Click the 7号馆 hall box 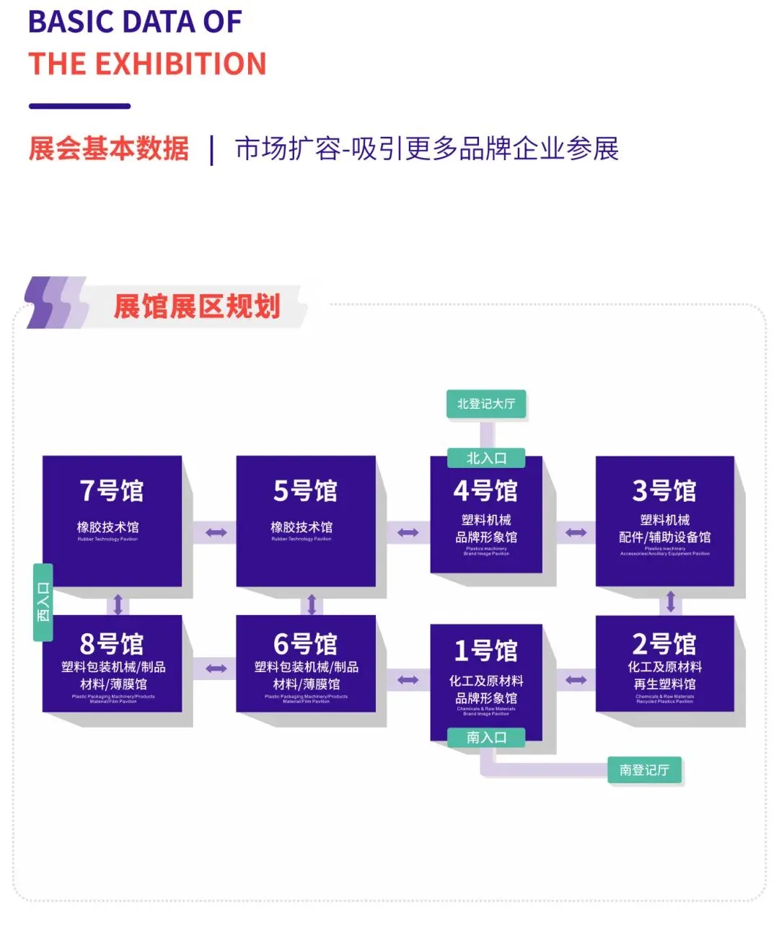pos(112,520)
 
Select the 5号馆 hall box pos(306,520)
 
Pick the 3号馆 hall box pos(664,520)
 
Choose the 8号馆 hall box pos(112,663)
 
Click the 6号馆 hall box pos(306,663)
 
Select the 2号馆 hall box pos(664,663)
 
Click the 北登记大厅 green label pos(486,404)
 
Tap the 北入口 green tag pos(486,458)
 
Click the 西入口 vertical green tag pos(43,602)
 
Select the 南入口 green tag pos(486,737)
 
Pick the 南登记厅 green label pos(644,770)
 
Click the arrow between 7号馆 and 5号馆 pos(216,533)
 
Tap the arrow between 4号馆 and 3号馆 pos(576,533)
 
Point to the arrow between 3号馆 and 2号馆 pos(671,601)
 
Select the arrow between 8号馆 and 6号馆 pos(216,669)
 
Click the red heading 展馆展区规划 pos(196,306)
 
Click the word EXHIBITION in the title pos(181,64)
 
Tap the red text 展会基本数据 pos(109,149)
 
